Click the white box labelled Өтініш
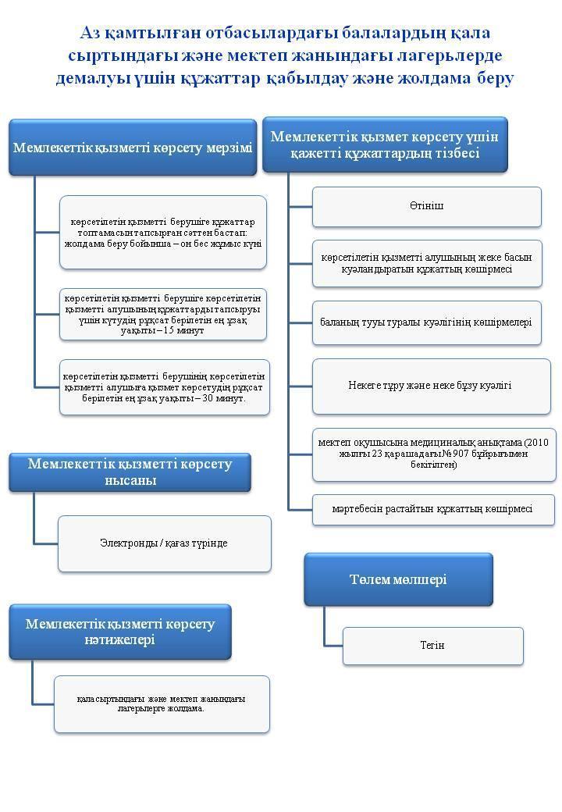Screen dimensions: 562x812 tap(427, 207)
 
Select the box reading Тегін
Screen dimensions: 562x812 tap(432, 646)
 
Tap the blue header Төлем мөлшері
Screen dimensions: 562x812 tap(398, 579)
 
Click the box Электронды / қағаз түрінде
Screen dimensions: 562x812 tap(164, 543)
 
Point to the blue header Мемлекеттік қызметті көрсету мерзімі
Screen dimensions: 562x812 tap(133, 148)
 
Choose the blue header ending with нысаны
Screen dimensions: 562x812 tap(130, 472)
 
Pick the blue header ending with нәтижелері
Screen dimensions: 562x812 tap(120, 632)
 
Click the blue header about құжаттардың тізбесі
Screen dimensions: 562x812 tap(385, 145)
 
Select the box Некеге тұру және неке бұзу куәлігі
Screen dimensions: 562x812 tap(431, 386)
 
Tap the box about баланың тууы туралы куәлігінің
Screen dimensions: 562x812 tap(427, 322)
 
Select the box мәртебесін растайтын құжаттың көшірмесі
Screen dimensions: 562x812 tap(433, 510)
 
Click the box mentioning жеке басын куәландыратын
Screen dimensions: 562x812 tap(427, 264)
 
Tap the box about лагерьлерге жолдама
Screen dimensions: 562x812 tap(162, 704)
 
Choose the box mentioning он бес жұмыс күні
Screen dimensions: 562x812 tap(163, 233)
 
